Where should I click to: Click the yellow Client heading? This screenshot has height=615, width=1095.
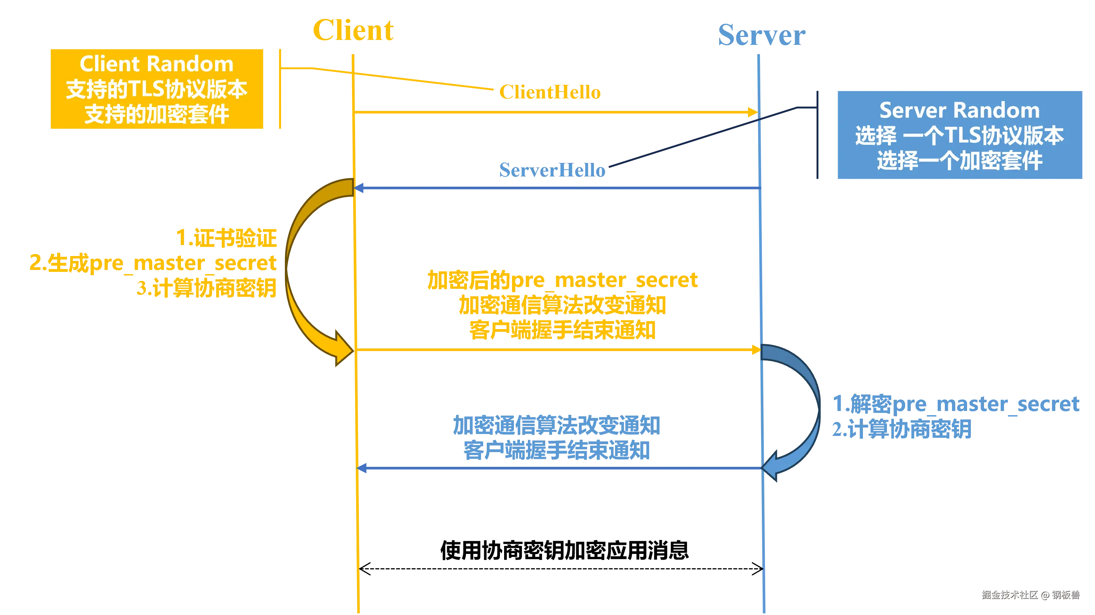[x=354, y=31]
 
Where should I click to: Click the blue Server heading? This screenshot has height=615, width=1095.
[x=761, y=35]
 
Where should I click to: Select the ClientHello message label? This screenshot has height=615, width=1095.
[x=550, y=92]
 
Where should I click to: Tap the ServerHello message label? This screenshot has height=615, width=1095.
[x=552, y=170]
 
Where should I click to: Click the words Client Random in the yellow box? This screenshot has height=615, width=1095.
[x=157, y=64]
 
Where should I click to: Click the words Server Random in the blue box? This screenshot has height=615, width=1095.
[x=960, y=110]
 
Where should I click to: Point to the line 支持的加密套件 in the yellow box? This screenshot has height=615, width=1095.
[x=157, y=114]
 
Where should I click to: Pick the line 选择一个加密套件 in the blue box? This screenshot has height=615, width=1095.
[x=960, y=161]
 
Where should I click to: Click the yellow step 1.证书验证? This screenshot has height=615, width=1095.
[x=226, y=238]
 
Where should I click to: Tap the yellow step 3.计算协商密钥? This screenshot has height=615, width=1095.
[x=207, y=288]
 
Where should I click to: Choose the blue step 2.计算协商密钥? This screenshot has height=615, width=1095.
[x=901, y=429]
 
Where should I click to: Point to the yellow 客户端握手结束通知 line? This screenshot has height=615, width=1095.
[x=561, y=330]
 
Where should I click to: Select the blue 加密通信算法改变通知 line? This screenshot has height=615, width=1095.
[x=557, y=426]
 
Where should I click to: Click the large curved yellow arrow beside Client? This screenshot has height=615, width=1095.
[x=298, y=272]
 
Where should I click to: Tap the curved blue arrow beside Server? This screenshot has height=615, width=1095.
[x=806, y=408]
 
